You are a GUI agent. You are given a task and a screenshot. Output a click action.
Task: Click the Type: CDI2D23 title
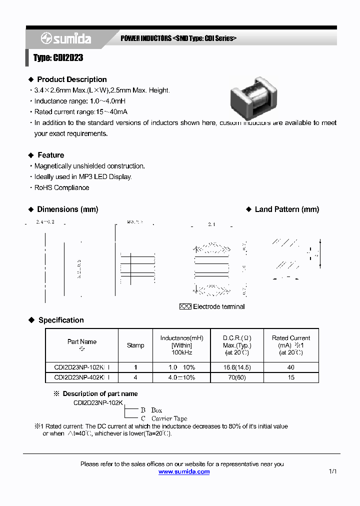tap(58, 58)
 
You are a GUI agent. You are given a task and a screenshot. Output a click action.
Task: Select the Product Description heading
tap(71, 79)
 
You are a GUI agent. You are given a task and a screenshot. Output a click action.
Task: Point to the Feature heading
tap(50, 155)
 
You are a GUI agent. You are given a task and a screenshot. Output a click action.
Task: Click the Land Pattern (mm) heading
tap(286, 209)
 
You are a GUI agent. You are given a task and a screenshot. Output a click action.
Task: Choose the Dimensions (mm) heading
tap(67, 209)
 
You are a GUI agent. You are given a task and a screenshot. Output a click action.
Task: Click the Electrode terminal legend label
tap(218, 306)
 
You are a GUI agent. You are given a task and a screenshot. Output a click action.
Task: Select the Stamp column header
tap(135, 345)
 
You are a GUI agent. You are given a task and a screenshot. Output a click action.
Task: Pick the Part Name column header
tap(82, 342)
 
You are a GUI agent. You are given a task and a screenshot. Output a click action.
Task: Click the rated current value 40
tap(291, 367)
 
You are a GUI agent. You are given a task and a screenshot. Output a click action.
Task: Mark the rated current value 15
tap(291, 377)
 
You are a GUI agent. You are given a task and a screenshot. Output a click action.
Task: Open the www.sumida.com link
tap(184, 471)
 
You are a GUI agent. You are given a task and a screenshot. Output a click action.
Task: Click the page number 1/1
tap(333, 471)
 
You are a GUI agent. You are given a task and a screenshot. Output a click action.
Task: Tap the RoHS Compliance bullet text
tap(61, 187)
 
